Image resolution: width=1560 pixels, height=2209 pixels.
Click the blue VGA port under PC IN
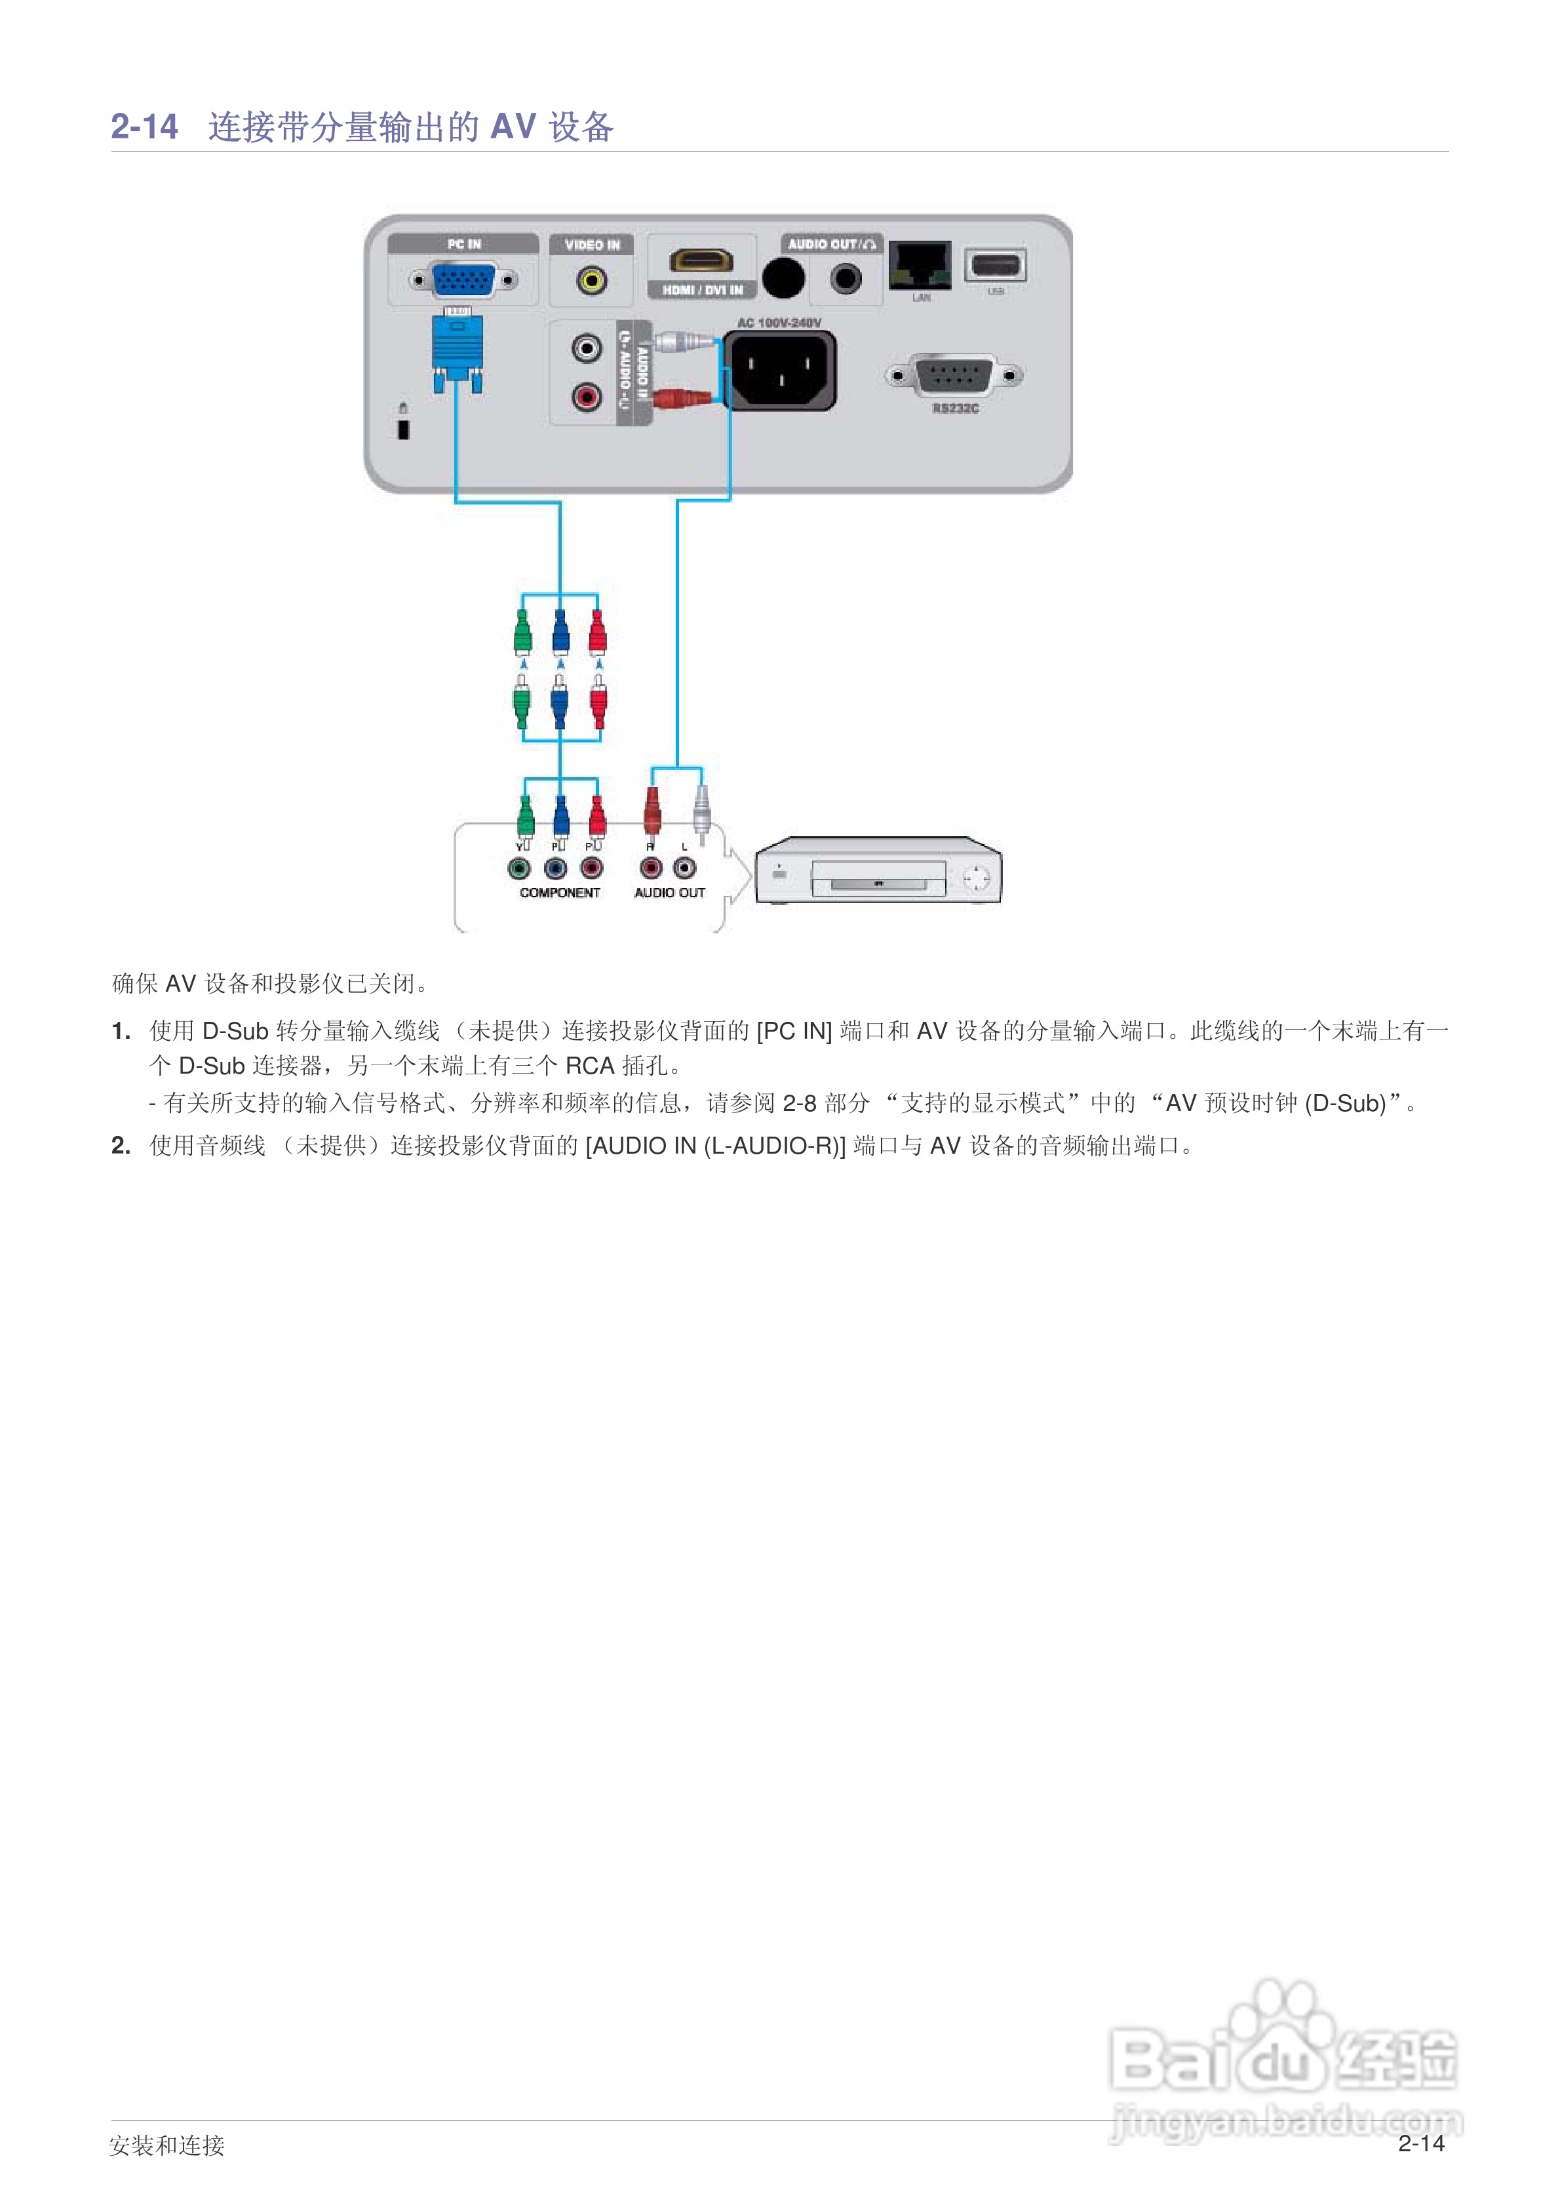click(463, 280)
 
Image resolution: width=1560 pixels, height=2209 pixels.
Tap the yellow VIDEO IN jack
click(591, 281)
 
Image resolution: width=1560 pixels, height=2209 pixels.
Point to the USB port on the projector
click(996, 264)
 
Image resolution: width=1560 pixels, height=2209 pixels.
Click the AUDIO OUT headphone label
click(831, 245)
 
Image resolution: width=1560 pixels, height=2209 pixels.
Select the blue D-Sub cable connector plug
click(458, 351)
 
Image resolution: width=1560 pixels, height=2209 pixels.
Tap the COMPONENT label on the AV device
click(560, 893)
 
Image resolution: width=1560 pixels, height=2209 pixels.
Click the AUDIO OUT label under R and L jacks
click(669, 893)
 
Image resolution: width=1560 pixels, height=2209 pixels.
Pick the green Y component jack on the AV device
click(519, 869)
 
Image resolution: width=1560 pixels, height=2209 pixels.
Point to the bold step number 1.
click(120, 1032)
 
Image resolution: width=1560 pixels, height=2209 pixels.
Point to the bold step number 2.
click(120, 1146)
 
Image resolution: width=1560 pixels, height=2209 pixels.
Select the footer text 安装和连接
click(166, 2145)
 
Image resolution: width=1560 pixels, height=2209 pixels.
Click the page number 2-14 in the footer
click(1420, 2143)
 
